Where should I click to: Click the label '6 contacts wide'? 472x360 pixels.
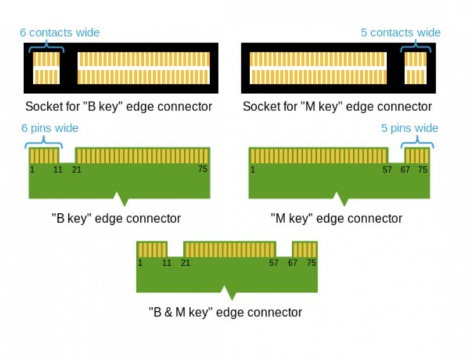point(60,32)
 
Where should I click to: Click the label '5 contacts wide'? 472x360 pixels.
point(401,32)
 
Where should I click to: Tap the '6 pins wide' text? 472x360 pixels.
point(50,128)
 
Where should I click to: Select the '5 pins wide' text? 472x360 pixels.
point(410,128)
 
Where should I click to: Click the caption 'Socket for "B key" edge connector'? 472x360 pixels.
point(119,106)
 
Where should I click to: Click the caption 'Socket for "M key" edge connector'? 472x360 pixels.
point(338,106)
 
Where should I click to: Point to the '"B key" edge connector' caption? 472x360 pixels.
point(116,219)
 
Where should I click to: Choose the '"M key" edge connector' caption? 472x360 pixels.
point(336,219)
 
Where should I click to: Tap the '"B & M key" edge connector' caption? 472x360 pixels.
point(225,312)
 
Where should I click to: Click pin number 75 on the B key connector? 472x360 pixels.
point(203,169)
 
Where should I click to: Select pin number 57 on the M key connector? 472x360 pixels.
point(387,169)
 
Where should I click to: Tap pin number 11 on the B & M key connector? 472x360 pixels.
point(167,263)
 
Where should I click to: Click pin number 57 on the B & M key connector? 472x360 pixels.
point(274,263)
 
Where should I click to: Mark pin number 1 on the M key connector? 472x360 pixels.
point(252,169)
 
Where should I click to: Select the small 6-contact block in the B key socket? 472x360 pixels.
point(47,68)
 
